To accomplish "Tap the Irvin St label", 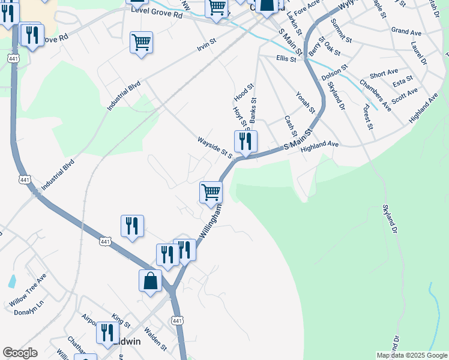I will [x=206, y=46].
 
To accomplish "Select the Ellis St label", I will [x=286, y=59].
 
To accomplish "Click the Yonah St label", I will [x=305, y=102].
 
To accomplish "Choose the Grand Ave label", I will [x=406, y=31].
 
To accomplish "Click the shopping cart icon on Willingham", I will [x=211, y=193].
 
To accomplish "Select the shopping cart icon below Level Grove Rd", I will [x=141, y=43].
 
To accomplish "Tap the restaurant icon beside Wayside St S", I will [x=246, y=141].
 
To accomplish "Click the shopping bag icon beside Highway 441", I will [x=150, y=280].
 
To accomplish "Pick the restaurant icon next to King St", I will [x=107, y=332].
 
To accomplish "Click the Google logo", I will [x=20, y=353].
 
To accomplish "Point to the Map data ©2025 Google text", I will [x=412, y=355].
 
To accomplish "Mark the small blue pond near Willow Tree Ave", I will [x=13, y=281].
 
